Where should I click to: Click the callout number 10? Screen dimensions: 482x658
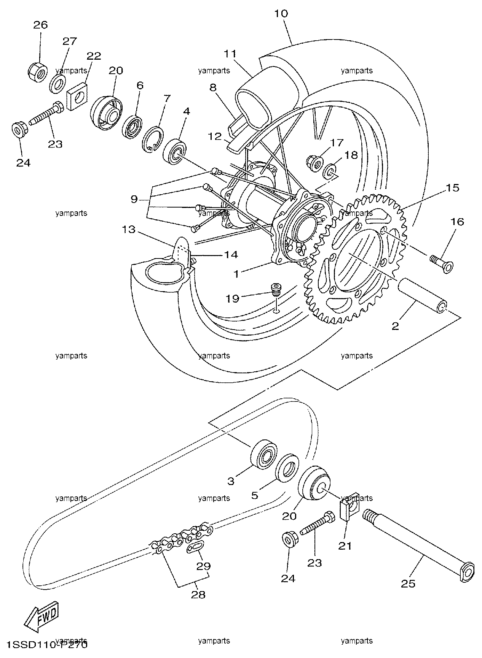pos(281,14)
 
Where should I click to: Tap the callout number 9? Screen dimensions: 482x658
pos(134,199)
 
